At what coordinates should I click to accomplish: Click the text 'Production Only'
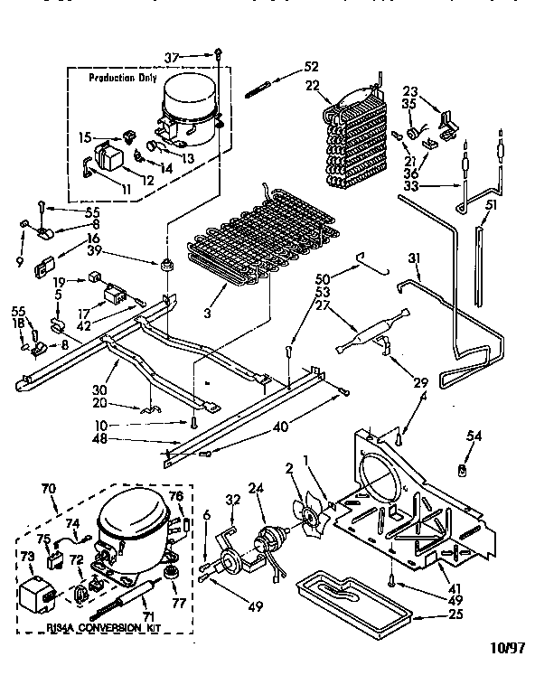click(122, 79)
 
